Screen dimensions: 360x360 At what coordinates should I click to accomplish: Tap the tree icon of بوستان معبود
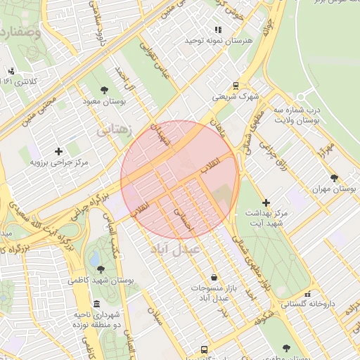pyautogui.click(x=105, y=89)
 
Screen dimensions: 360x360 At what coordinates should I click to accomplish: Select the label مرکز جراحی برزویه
pyautogui.click(x=59, y=162)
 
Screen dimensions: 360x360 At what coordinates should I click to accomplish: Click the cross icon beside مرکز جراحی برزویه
pyautogui.click(x=58, y=150)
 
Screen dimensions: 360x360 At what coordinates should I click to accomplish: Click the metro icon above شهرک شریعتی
pyautogui.click(x=236, y=84)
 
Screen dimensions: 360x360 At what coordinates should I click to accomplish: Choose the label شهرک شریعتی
pyautogui.click(x=236, y=96)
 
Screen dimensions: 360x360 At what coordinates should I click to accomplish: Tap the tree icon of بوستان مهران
pyautogui.click(x=333, y=178)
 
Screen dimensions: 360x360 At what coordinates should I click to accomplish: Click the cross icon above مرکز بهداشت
pyautogui.click(x=266, y=202)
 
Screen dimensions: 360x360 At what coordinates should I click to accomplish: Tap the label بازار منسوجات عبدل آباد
pyautogui.click(x=214, y=293)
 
